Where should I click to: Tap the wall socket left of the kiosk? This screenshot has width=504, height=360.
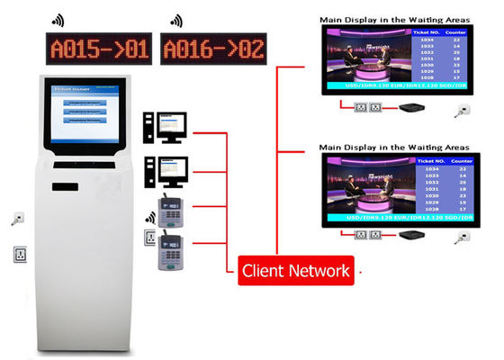pyautogui.click(x=19, y=254)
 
